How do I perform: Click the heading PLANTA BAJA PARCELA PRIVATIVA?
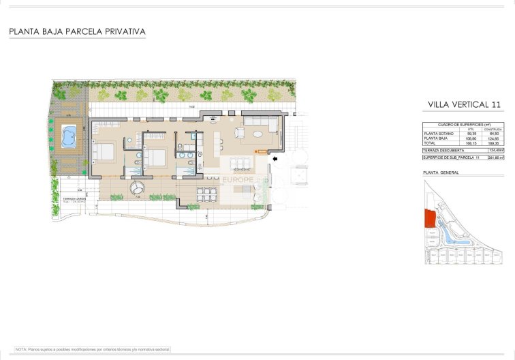(77, 31)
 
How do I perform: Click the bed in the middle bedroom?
(156, 157)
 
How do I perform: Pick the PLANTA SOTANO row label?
(438, 134)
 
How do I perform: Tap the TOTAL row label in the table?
(430, 143)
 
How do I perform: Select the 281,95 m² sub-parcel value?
(495, 157)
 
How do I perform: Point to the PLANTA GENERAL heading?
(441, 172)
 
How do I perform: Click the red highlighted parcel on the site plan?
(429, 218)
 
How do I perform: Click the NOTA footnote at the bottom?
(92, 349)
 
